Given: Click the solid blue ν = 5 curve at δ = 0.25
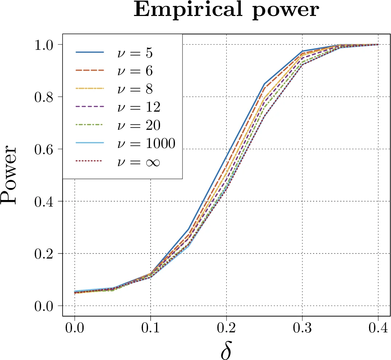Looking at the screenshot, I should tap(264, 84).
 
